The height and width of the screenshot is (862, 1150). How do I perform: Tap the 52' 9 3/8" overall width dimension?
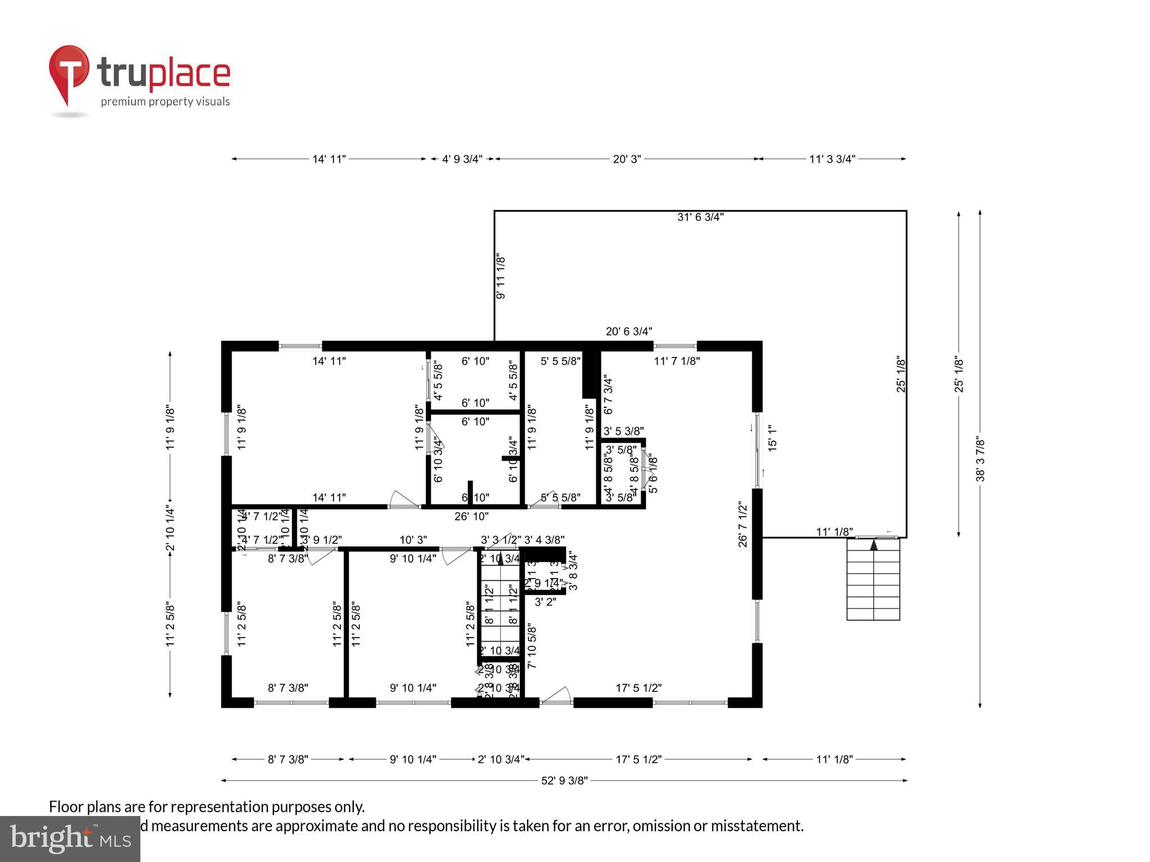click(564, 781)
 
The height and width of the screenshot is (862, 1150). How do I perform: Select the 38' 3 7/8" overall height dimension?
click(980, 459)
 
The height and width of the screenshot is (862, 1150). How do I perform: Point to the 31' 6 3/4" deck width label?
click(700, 217)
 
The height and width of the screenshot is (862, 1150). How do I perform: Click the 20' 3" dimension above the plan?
click(627, 159)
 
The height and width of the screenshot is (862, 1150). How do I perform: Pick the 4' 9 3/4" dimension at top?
click(462, 159)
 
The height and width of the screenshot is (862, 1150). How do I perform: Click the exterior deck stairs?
click(873, 579)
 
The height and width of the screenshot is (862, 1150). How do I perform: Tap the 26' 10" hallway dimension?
click(471, 516)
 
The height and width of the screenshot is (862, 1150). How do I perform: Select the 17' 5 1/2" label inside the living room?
click(638, 688)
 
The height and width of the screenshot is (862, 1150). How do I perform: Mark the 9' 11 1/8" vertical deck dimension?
click(501, 277)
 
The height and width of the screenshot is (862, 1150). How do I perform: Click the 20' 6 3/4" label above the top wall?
click(629, 332)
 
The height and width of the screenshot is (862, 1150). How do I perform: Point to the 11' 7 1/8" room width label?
click(677, 361)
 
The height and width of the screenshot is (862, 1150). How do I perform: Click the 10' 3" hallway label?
click(413, 540)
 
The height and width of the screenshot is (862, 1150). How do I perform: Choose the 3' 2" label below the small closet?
click(545, 602)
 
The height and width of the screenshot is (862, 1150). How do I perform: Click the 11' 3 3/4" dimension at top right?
click(832, 159)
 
